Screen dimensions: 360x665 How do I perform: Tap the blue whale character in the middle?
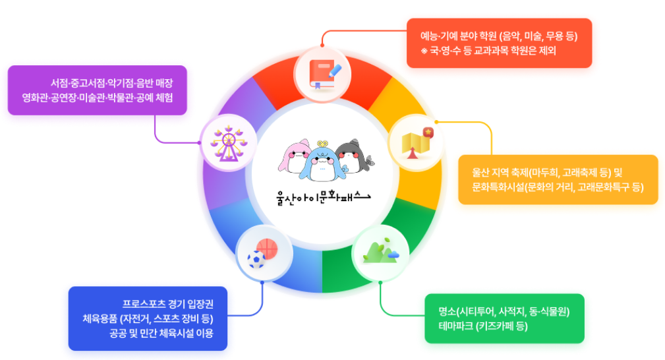(323, 163)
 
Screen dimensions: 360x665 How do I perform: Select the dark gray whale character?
(352, 156)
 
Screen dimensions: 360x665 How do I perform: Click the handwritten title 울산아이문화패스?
(323, 196)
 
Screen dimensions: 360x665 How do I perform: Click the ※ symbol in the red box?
(424, 51)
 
